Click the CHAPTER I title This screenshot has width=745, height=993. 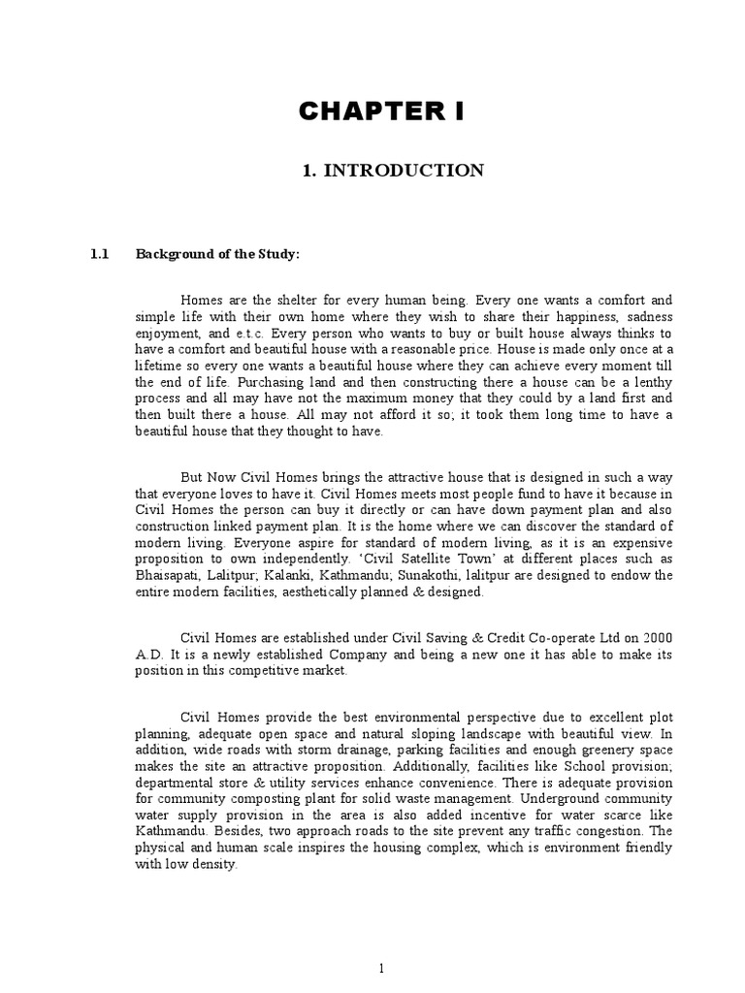coord(381,112)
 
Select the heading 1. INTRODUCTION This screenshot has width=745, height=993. coord(393,171)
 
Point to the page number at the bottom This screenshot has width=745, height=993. coord(382,968)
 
